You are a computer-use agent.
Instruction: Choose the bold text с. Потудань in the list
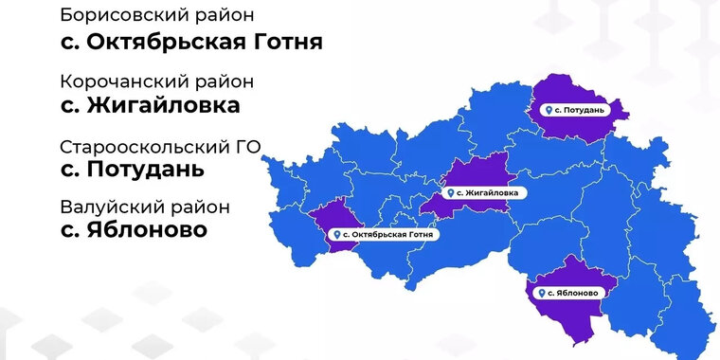pyautogui.click(x=131, y=171)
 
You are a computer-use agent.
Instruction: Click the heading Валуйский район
pyautogui.click(x=144, y=207)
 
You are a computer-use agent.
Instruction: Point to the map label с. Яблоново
pyautogui.click(x=566, y=293)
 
